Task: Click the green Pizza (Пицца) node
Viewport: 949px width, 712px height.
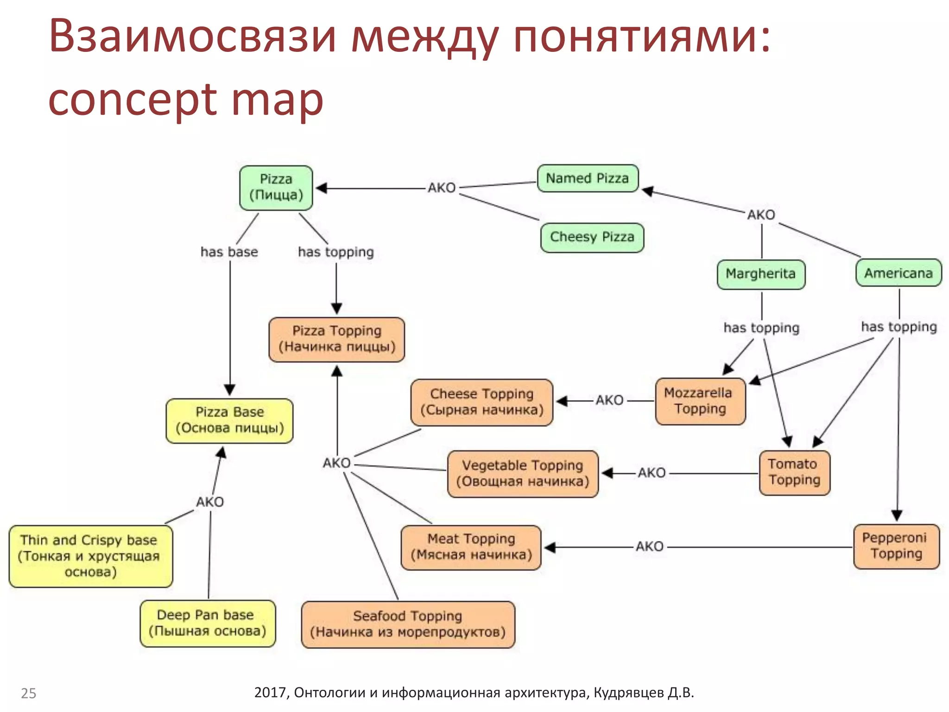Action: [276, 188]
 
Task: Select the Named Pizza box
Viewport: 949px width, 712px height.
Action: [588, 178]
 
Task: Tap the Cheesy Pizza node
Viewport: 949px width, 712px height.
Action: [592, 237]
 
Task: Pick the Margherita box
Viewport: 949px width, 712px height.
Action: [761, 274]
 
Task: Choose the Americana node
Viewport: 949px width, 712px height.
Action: [898, 273]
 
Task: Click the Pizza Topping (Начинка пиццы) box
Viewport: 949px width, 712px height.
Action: [337, 339]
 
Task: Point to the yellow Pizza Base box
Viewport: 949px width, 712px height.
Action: [230, 420]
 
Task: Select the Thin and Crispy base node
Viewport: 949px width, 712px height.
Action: [90, 556]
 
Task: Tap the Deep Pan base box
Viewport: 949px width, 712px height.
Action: [208, 623]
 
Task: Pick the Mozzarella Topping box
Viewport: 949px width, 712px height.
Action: [700, 401]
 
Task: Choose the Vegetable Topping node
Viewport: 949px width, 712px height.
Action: [523, 474]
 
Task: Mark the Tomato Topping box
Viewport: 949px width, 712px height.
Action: [795, 473]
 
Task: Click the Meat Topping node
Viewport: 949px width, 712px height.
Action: [471, 547]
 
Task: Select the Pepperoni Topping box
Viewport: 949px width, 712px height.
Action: [896, 547]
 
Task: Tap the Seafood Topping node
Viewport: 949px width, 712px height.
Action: [408, 624]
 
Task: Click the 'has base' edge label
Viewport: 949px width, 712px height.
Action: [229, 252]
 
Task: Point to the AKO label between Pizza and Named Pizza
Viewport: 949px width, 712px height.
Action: [442, 188]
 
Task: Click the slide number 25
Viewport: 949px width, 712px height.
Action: [29, 693]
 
